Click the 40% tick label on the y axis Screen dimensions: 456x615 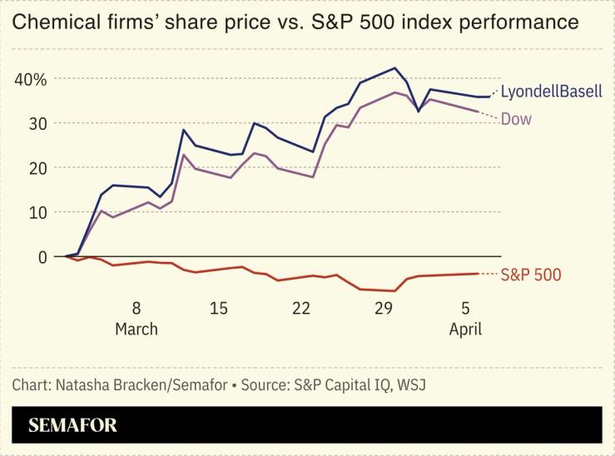(29, 79)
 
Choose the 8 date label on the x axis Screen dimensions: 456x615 (136, 308)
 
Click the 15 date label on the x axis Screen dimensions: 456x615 (218, 308)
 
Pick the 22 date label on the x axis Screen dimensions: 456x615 (300, 308)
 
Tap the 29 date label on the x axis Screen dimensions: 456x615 (383, 308)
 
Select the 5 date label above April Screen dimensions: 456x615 (465, 308)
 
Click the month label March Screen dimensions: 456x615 (136, 329)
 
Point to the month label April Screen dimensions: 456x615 (465, 329)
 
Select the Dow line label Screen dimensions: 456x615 (516, 119)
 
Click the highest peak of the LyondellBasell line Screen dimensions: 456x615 (394, 68)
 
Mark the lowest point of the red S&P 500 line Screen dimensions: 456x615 (394, 291)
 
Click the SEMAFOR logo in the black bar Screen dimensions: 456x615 (72, 425)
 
